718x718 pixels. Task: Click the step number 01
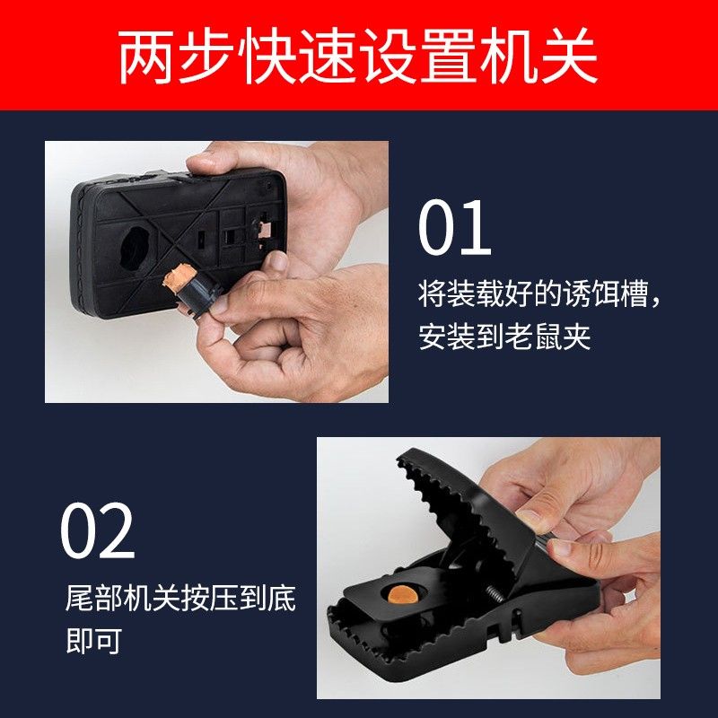[x=455, y=228]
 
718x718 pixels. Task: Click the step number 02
[x=98, y=530]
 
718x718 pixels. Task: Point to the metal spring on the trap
[x=497, y=593]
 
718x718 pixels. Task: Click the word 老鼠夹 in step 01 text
[x=547, y=337]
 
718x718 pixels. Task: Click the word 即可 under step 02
[x=94, y=641]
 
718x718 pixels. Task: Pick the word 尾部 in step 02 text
[x=94, y=598]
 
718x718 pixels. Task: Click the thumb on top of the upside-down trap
[x=215, y=158]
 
